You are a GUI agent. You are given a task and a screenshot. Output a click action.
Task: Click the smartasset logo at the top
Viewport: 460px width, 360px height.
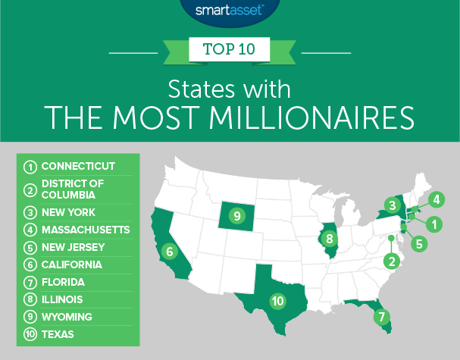click(x=230, y=11)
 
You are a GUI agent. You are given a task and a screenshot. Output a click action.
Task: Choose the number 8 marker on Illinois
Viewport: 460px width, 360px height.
click(x=330, y=239)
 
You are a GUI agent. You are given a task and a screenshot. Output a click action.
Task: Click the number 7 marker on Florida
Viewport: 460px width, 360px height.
click(x=383, y=316)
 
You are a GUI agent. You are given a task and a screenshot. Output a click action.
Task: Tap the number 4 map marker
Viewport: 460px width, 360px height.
click(x=437, y=200)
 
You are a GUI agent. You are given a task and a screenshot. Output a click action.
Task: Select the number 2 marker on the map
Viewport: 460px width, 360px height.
click(x=392, y=262)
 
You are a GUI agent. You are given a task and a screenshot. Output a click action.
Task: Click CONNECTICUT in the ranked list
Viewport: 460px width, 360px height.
click(x=78, y=166)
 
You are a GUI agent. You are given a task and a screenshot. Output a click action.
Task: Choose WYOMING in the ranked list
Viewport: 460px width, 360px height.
click(x=67, y=315)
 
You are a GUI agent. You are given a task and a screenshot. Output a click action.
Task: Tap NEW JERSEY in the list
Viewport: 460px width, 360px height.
click(x=74, y=246)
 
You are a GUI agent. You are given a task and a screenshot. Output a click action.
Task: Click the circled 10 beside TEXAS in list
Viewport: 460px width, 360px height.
click(x=30, y=333)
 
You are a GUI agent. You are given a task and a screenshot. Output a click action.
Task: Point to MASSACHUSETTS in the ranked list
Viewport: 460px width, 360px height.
click(x=86, y=229)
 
